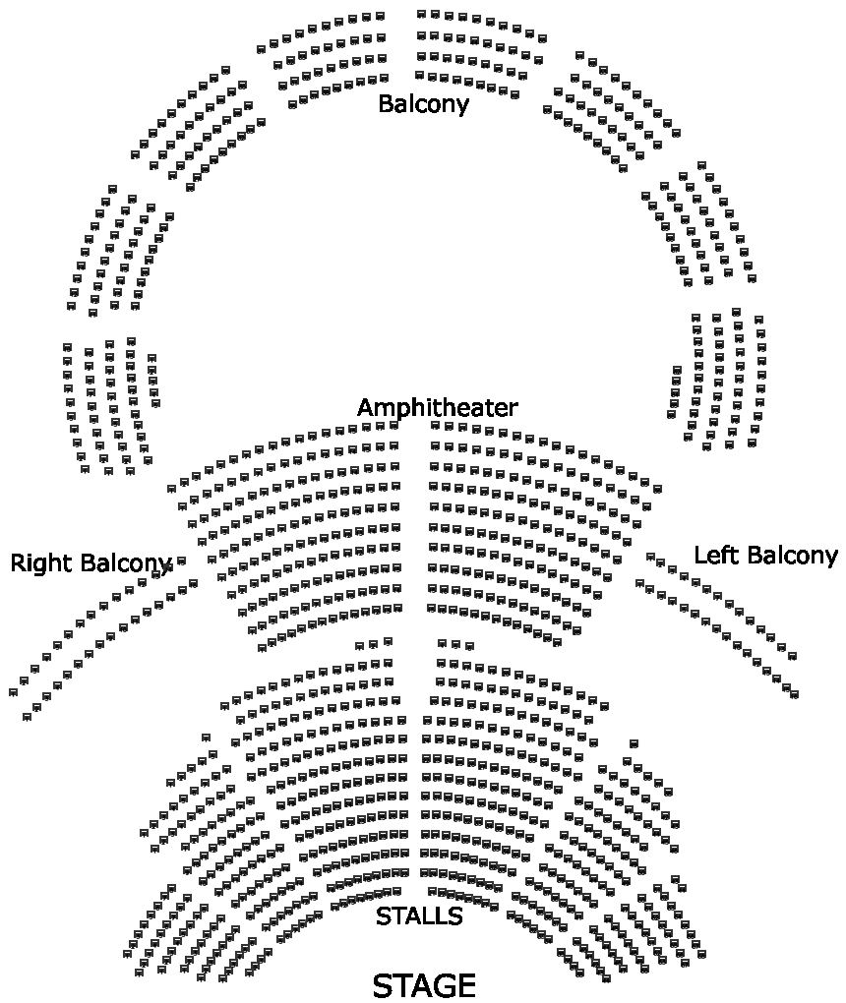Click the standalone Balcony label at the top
[423, 103]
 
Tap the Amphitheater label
[437, 407]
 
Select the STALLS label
[419, 916]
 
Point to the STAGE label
[424, 985]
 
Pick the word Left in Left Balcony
[714, 555]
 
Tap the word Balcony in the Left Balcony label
[790, 555]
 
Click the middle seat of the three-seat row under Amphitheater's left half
[373, 645]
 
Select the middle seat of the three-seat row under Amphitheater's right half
[455, 644]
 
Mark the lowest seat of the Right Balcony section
[27, 716]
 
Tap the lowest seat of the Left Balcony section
[794, 694]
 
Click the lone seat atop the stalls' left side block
[206, 737]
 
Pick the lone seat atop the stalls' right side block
[634, 742]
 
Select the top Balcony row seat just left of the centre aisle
[381, 16]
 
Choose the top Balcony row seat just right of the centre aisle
[421, 14]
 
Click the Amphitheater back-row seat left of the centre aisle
[394, 425]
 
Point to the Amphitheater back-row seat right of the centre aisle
[435, 426]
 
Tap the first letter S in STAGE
[385, 985]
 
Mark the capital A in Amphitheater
[365, 407]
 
